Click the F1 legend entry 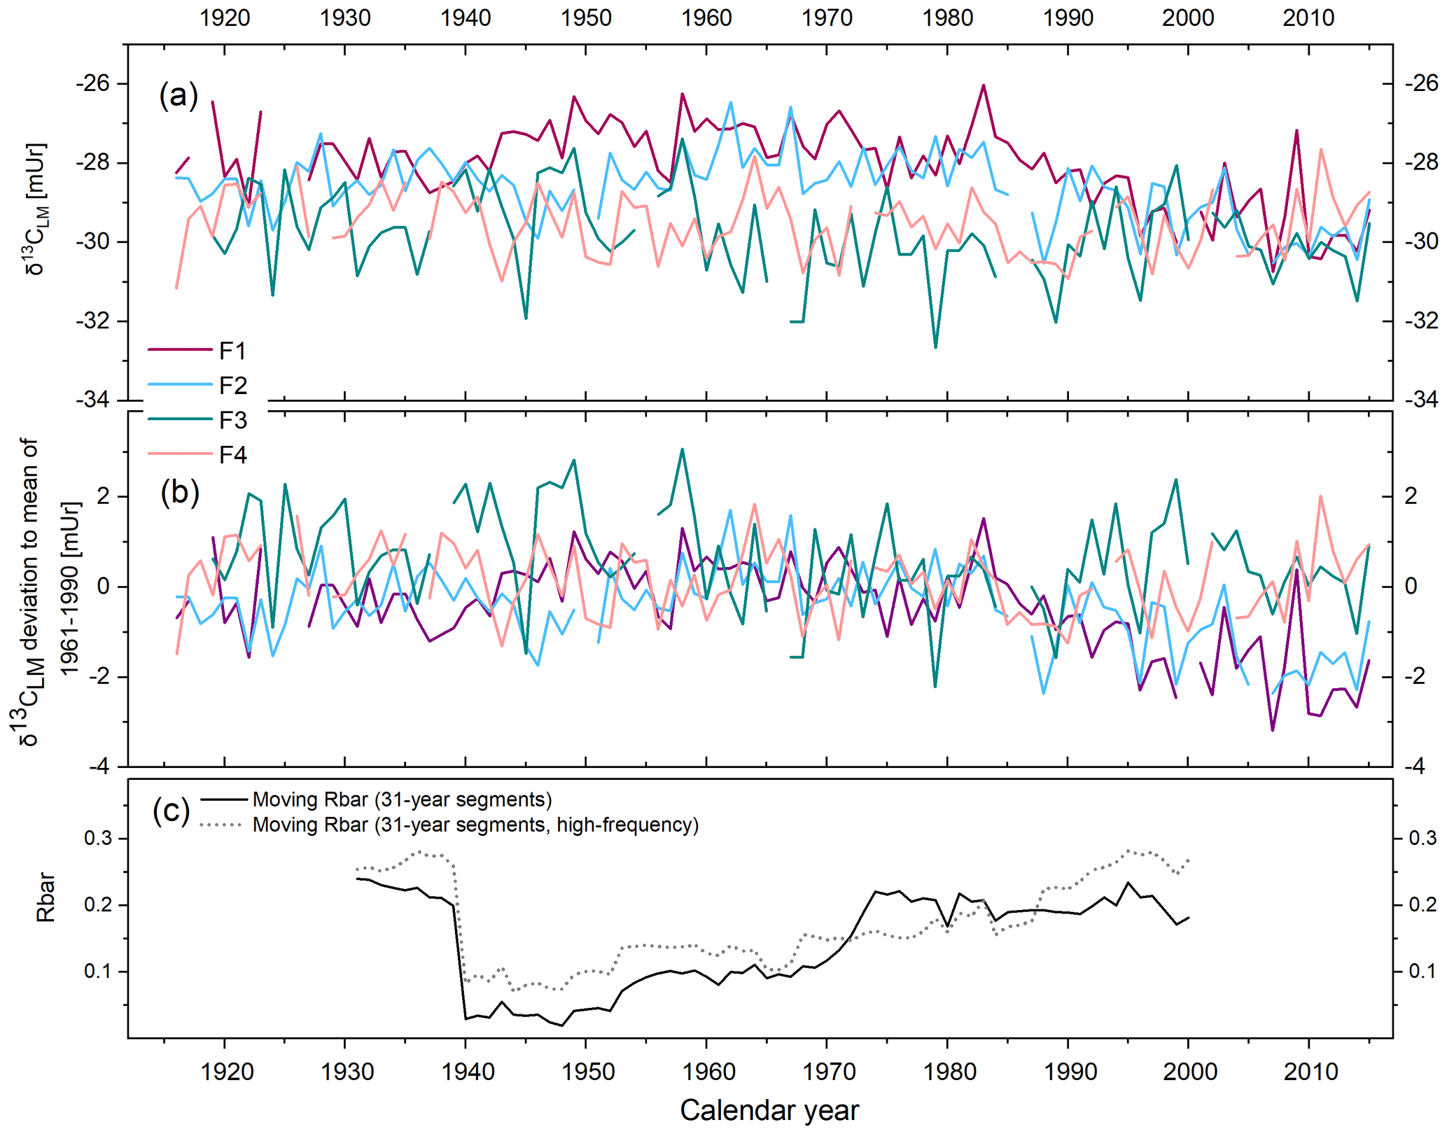232,351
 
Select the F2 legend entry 232,386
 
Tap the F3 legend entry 232,421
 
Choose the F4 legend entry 232,456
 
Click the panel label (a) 179,94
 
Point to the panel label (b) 180,492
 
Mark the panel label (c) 171,811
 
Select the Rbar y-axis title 46,897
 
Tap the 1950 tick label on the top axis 586,17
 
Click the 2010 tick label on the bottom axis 1310,1072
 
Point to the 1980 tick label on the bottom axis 949,1072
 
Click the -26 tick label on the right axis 1421,83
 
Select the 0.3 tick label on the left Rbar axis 98,838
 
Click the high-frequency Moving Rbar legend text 475,825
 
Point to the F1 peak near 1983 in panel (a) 984,85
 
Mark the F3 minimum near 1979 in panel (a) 936,347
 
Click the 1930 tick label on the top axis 344,17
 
